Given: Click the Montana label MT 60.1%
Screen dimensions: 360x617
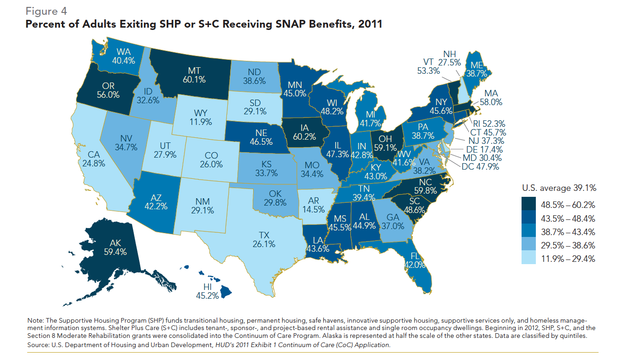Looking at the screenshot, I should click(194, 75).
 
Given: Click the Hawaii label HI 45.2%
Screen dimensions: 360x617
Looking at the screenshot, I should click(207, 291).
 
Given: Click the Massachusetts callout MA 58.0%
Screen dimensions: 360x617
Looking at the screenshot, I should click(490, 98).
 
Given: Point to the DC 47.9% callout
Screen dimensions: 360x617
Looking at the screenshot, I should click(479, 167).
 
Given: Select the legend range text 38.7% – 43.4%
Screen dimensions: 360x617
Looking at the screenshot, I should click(570, 232).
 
